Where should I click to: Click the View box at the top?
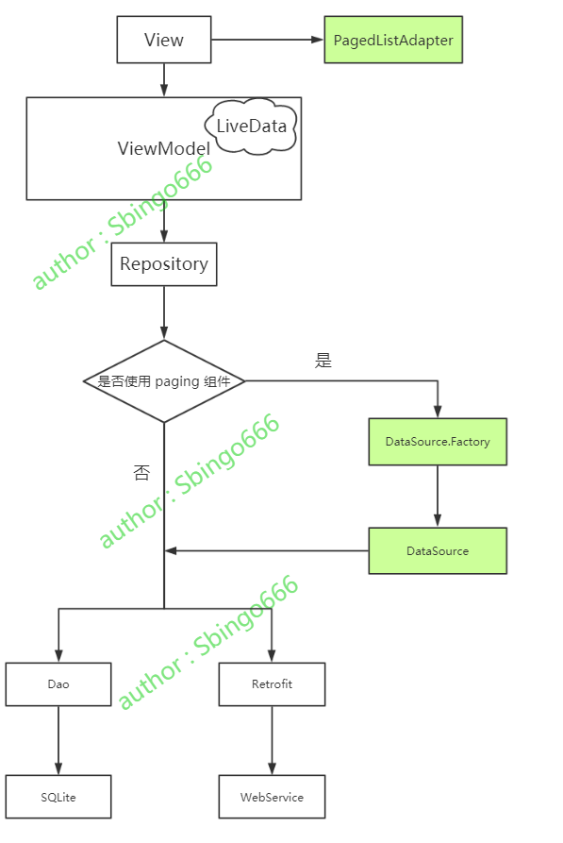tap(163, 40)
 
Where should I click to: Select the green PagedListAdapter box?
tap(393, 40)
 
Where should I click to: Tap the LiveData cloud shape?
tap(251, 125)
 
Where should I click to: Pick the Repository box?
tap(163, 264)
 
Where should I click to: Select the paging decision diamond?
tap(164, 381)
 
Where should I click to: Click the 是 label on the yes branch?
tap(323, 361)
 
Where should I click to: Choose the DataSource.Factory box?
tap(437, 442)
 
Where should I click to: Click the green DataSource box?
tap(437, 550)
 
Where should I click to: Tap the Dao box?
tap(58, 684)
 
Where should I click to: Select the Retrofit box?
tap(272, 684)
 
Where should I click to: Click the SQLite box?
tap(58, 797)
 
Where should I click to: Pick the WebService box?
tap(272, 797)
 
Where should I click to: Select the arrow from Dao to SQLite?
tap(58, 740)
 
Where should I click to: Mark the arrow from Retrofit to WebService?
tap(272, 740)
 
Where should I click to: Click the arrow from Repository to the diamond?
tap(164, 312)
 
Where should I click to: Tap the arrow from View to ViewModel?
tap(164, 79)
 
